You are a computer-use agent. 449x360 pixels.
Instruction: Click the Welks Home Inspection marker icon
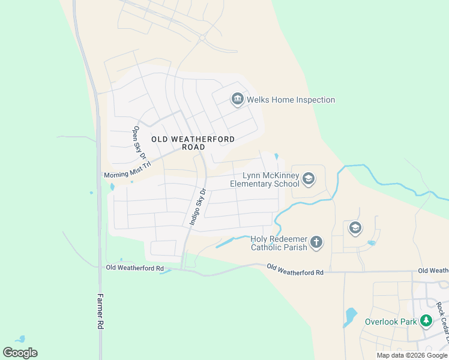coord(237,99)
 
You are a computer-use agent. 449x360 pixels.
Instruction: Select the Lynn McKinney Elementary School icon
coord(309,178)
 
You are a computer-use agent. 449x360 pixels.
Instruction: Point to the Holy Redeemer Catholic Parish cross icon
coord(316,242)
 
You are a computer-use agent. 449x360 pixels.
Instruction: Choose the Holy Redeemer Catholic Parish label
coord(279,242)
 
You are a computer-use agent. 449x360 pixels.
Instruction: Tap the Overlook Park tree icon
coord(426,321)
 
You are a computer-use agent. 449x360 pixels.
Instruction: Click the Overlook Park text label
coord(391,322)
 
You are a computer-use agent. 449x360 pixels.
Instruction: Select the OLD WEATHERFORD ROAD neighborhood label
coord(193,143)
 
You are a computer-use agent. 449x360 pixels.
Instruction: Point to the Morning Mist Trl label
coord(127,173)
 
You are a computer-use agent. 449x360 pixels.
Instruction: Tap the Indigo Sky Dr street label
coord(197,206)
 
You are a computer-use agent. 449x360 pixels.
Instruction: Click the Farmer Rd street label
coord(100,310)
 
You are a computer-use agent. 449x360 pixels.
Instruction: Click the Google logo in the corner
coord(20,352)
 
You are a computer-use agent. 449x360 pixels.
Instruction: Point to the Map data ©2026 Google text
coord(412,355)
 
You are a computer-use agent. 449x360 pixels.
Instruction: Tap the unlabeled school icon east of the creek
coord(355,228)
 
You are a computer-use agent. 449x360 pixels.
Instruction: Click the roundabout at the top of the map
coord(202,38)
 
